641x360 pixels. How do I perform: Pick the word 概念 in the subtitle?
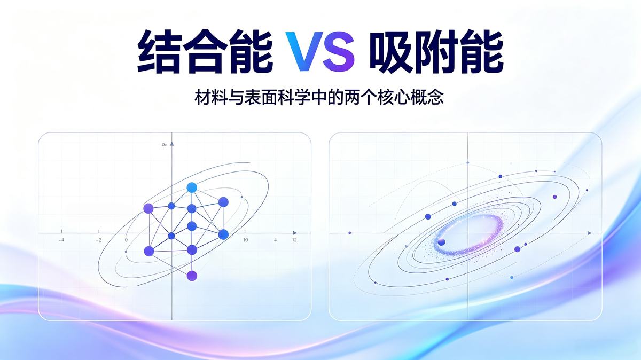(426, 97)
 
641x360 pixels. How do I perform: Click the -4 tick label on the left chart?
(61, 240)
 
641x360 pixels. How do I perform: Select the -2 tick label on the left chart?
(98, 240)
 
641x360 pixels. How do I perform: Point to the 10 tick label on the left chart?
(246, 240)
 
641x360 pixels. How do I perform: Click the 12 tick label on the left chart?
(294, 240)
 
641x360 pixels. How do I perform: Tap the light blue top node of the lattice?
(192, 187)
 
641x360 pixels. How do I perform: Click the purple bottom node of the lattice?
(192, 276)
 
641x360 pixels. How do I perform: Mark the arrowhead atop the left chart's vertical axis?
(171, 144)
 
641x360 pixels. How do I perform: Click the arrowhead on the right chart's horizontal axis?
(589, 233)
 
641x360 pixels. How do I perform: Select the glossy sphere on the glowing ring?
(442, 242)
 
